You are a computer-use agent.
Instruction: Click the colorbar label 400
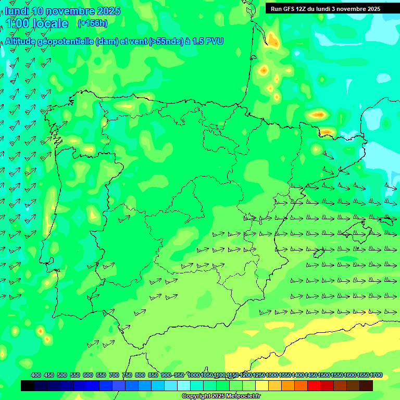coord(36,375)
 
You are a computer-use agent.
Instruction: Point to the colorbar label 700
coord(114,375)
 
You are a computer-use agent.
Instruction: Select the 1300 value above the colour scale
coord(272,375)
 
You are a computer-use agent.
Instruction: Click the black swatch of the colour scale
coord(28,386)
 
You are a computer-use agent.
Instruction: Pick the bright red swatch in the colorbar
coord(314,386)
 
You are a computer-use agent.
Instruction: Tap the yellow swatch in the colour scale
coord(262,386)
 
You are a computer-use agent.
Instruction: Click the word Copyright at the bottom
coord(196,396)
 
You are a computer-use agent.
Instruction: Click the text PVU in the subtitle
coord(214,42)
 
